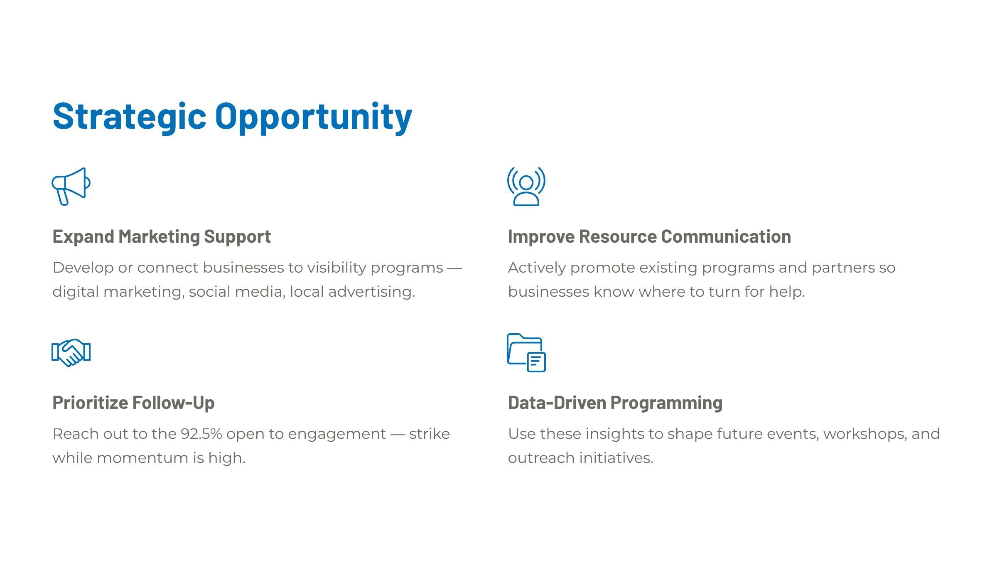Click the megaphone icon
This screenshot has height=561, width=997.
pyautogui.click(x=71, y=186)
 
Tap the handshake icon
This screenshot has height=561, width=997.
pyautogui.click(x=71, y=352)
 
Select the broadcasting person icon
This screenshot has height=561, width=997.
pyautogui.click(x=526, y=186)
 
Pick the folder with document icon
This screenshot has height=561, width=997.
pyautogui.click(x=526, y=352)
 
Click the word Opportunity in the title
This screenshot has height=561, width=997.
pyautogui.click(x=314, y=117)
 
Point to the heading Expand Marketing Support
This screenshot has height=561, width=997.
pyautogui.click(x=162, y=237)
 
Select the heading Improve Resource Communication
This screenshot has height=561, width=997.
pyautogui.click(x=649, y=236)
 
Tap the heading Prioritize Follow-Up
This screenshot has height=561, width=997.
pyautogui.click(x=133, y=403)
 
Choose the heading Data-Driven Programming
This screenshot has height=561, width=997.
pyautogui.click(x=615, y=403)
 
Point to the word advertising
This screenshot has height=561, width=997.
pyautogui.click(x=372, y=292)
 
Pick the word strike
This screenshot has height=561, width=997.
pyautogui.click(x=429, y=434)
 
